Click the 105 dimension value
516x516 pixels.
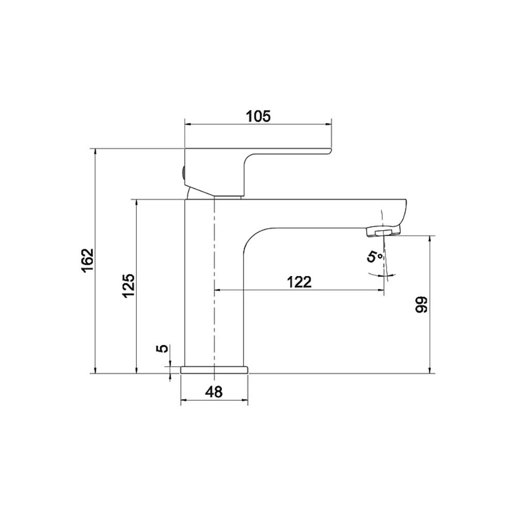tap(259, 116)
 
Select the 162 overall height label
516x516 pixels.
tap(88, 261)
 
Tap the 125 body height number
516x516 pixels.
tap(128, 285)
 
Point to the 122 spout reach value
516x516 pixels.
tap(299, 282)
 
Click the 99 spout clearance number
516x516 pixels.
tap(421, 305)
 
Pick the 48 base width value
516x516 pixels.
tap(214, 392)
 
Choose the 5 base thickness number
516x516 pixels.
tap(164, 348)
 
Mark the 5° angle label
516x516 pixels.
tap(375, 256)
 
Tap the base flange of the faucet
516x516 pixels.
tap(214, 370)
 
